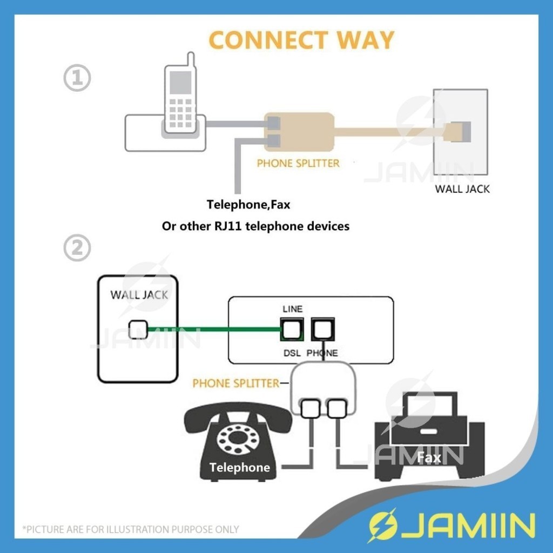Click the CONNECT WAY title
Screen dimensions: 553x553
[x=301, y=41]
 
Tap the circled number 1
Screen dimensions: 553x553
[x=77, y=78]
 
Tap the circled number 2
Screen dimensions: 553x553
[x=77, y=249]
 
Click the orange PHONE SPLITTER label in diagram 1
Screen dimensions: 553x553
[x=298, y=163]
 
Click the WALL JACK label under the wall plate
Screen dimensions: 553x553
[x=463, y=190]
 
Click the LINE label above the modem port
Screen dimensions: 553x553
[x=293, y=309]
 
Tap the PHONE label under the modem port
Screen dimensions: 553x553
[x=322, y=353]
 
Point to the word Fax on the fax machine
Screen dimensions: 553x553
[x=429, y=458]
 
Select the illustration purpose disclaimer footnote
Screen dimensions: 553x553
[x=130, y=529]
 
